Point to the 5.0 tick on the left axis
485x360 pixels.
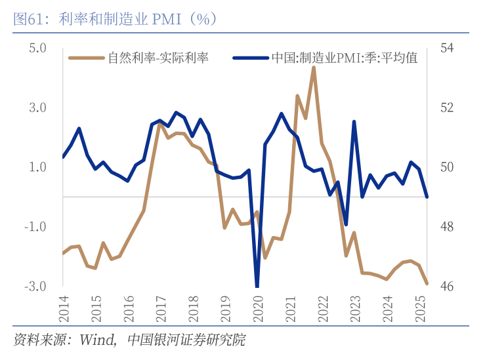[x=37, y=48]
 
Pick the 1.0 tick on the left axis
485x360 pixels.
[x=37, y=167]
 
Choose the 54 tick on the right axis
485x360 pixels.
[x=448, y=48]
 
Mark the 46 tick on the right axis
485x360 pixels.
[x=448, y=287]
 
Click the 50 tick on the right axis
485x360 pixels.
[x=448, y=167]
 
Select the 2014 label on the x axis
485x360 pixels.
[x=64, y=308]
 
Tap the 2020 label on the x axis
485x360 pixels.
[x=257, y=308]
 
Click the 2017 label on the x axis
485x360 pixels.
[x=160, y=308]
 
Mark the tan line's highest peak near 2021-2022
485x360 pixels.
[x=314, y=68]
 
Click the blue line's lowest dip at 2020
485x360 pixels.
[x=257, y=285]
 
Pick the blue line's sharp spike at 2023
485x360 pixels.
[x=354, y=122]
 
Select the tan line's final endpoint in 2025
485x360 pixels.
[x=427, y=283]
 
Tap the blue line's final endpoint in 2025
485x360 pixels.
[x=427, y=197]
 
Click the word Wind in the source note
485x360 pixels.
[x=97, y=340]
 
